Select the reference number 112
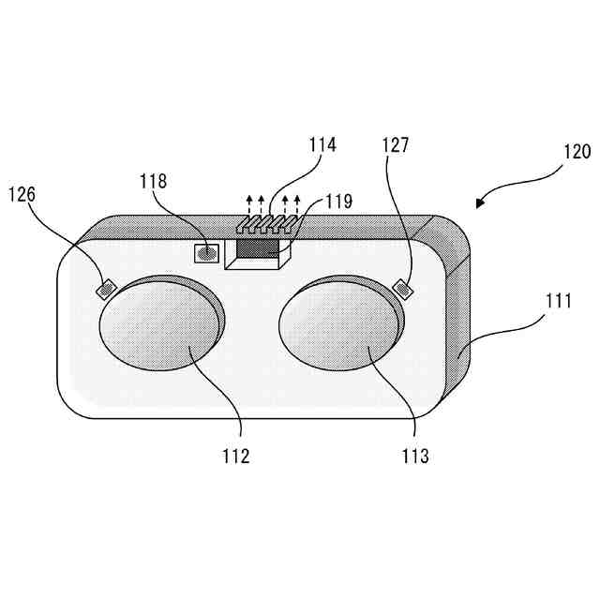point(235,457)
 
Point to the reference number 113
point(413,457)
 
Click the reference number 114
point(323,145)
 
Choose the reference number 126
point(24,194)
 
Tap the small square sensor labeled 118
point(205,252)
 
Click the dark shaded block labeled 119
point(258,247)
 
